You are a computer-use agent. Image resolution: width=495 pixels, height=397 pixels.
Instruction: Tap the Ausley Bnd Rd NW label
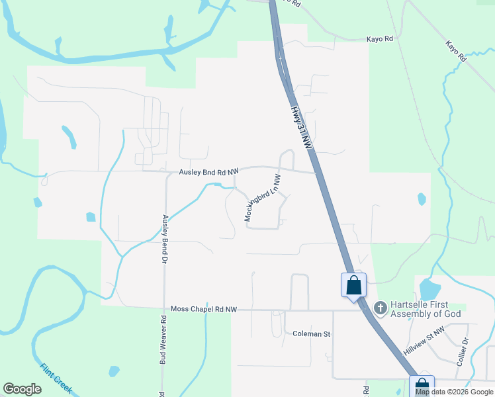[x=208, y=172]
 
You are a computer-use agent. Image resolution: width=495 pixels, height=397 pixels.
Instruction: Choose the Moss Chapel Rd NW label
[x=204, y=309]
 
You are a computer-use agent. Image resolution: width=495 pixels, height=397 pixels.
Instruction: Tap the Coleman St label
[x=311, y=334]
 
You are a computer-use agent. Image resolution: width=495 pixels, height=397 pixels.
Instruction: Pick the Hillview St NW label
[x=424, y=345]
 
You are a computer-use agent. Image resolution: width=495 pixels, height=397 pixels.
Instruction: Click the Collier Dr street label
[x=463, y=352]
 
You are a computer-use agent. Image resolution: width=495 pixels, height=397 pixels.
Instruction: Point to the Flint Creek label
[x=56, y=378]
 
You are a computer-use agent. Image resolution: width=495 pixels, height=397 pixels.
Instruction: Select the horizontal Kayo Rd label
[x=380, y=39]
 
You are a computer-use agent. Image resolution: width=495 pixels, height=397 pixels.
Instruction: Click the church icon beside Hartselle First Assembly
[x=380, y=308]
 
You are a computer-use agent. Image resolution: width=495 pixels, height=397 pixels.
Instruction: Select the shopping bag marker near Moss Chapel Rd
[x=354, y=286]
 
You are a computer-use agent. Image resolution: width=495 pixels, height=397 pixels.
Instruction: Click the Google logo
[x=22, y=389]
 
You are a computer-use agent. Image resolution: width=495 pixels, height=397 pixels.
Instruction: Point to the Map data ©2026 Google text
[x=453, y=392]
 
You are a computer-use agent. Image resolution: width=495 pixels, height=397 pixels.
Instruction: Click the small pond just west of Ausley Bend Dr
[x=91, y=216]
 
